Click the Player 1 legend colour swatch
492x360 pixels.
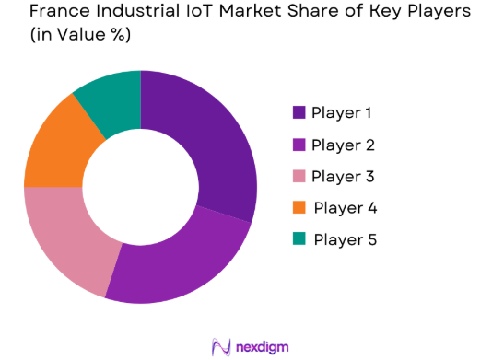pyautogui.click(x=299, y=112)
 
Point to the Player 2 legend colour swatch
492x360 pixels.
pyautogui.click(x=299, y=145)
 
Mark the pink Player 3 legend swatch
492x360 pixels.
pyautogui.click(x=299, y=176)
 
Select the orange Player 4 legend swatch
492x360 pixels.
pyautogui.click(x=299, y=208)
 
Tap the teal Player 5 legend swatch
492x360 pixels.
pyautogui.click(x=299, y=239)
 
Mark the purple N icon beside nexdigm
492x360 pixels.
pyautogui.click(x=220, y=346)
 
